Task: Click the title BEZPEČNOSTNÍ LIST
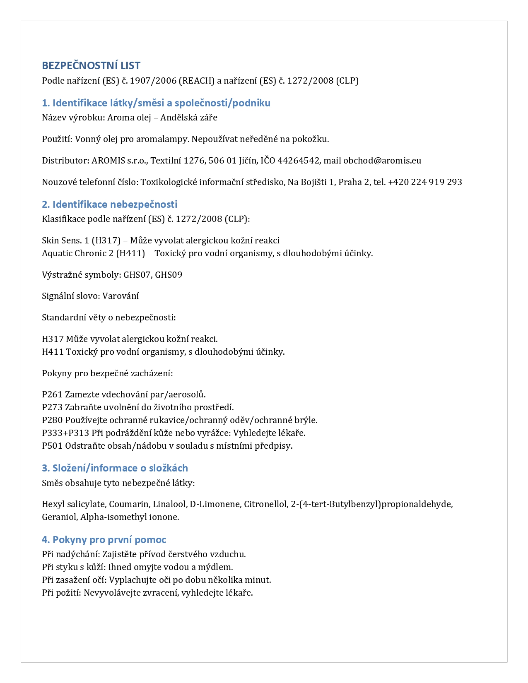[x=91, y=65]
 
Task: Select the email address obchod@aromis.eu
[x=382, y=161]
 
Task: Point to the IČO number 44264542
[x=299, y=161]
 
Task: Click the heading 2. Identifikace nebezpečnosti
[x=109, y=204]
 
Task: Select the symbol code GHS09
[x=169, y=275]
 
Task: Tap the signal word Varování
[x=121, y=296]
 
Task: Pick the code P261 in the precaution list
[x=52, y=394]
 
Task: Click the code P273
[x=52, y=407]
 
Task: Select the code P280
[x=52, y=420]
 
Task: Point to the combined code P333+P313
[x=65, y=433]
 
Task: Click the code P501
[x=52, y=446]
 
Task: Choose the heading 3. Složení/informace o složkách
[x=115, y=468]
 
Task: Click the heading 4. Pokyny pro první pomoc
[x=104, y=539]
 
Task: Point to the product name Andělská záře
[x=188, y=118]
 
